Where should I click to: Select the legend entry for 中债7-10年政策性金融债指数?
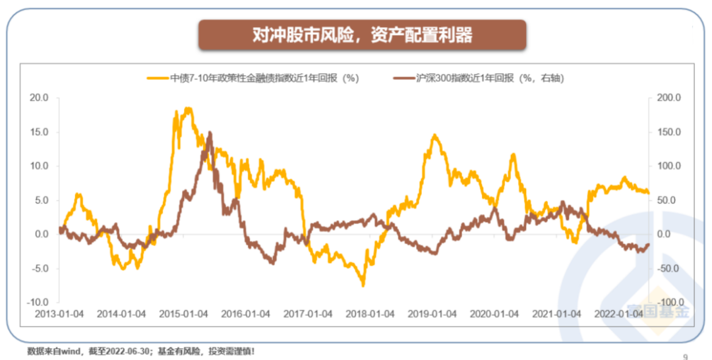(264, 78)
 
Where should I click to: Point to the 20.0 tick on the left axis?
(39, 98)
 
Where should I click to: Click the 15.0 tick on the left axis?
(39, 132)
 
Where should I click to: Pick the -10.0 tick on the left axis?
(38, 302)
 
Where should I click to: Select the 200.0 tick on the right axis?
(667, 98)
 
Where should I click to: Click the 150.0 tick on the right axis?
(667, 132)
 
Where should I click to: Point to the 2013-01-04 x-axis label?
(59, 314)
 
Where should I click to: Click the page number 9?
(685, 356)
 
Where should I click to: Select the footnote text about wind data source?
(140, 351)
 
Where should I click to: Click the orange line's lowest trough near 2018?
(363, 285)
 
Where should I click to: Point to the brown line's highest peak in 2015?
(210, 133)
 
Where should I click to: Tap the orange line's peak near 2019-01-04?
(434, 135)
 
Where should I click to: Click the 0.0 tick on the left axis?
(42, 234)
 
